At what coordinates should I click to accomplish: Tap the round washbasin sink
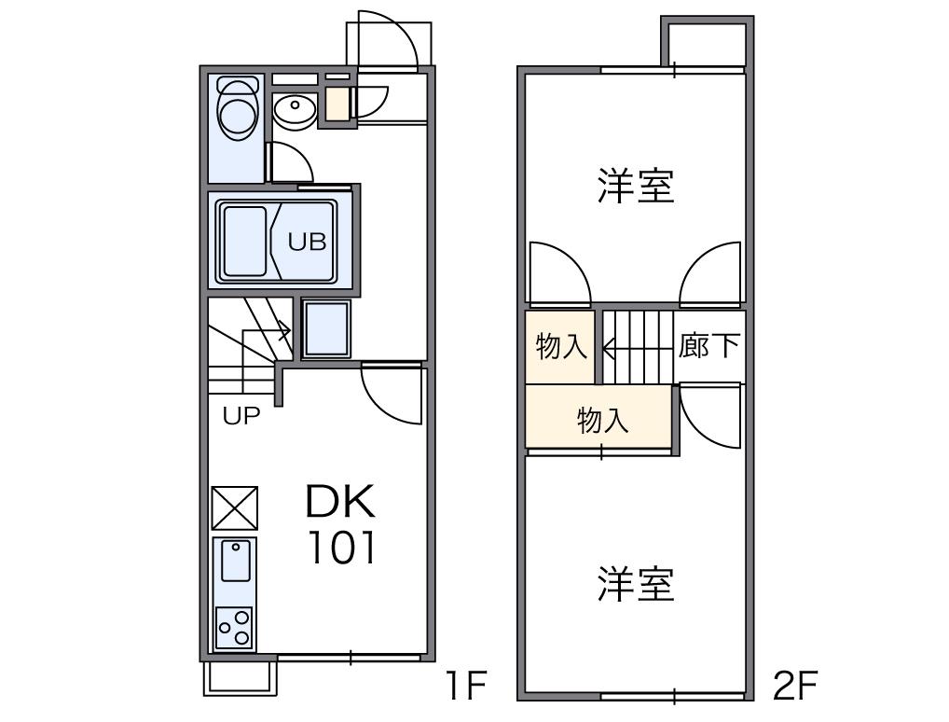click(295, 110)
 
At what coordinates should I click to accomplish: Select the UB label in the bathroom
click(307, 242)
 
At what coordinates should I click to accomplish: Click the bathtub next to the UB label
click(244, 241)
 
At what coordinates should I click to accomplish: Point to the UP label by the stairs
click(241, 415)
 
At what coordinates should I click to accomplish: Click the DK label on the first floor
click(341, 501)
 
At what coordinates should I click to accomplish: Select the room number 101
click(342, 548)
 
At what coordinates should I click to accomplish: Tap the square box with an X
click(235, 507)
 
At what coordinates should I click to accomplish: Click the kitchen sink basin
click(236, 562)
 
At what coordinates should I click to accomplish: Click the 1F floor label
click(465, 685)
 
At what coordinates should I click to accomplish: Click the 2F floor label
click(794, 685)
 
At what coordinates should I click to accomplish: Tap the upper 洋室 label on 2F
click(636, 186)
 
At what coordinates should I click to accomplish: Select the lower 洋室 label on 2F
click(636, 584)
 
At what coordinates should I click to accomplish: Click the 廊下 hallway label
click(709, 345)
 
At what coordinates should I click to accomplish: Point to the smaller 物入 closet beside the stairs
click(561, 346)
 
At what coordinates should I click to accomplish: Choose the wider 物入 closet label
click(603, 420)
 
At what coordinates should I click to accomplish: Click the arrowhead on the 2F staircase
click(609, 348)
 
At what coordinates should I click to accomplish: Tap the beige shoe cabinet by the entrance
click(337, 104)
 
